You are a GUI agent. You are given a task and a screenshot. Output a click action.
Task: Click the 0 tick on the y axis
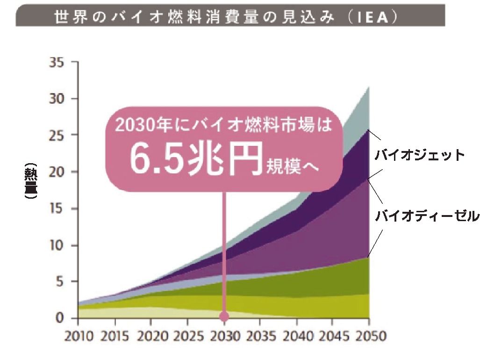tap(60, 318)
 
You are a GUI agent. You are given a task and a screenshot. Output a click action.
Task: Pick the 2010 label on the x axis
tap(78, 337)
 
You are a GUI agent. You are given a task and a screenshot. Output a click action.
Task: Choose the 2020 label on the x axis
tap(151, 337)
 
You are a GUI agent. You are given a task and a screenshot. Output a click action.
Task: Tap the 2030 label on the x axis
tap(224, 337)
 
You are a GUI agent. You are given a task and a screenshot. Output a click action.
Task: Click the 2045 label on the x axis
tap(333, 337)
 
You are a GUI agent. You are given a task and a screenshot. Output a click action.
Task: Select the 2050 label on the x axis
tap(369, 337)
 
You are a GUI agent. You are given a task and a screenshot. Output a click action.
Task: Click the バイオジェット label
tap(420, 155)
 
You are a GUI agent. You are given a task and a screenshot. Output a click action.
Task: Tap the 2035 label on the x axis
tap(260, 337)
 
